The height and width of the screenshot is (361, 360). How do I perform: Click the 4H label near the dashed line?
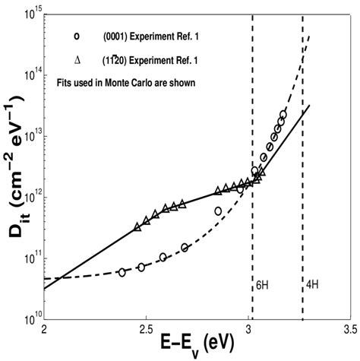(x=312, y=287)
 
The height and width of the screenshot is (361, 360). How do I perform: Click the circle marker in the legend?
(x=68, y=35)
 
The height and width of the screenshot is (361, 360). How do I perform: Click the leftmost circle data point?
(x=122, y=272)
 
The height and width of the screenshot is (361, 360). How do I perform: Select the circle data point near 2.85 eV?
(x=218, y=211)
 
